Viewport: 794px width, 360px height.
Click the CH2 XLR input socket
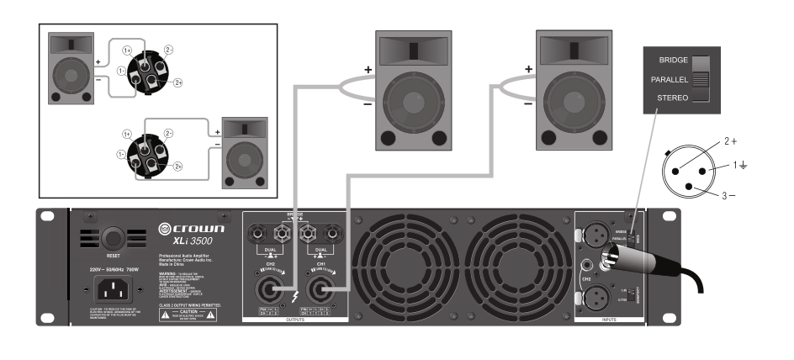click(595, 297)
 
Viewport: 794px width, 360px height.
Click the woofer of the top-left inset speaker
click(71, 78)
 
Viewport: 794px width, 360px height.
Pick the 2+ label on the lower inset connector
click(178, 167)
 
